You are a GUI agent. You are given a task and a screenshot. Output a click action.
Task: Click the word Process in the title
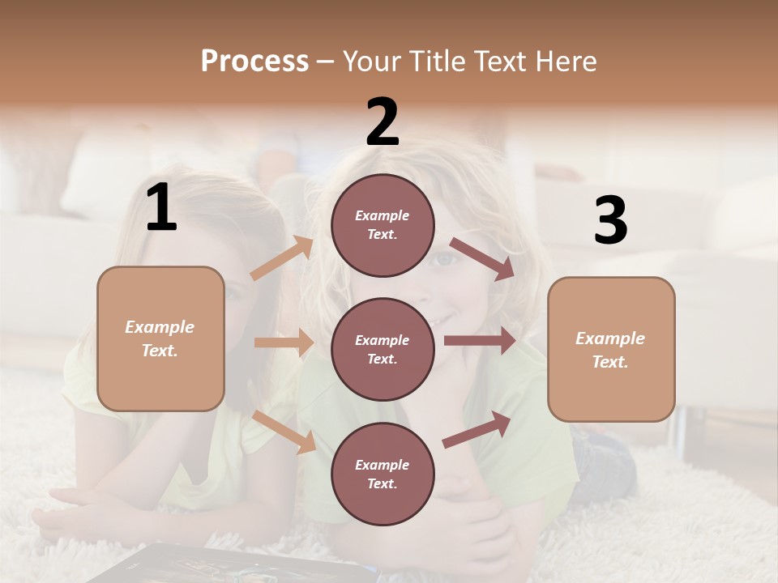tap(254, 62)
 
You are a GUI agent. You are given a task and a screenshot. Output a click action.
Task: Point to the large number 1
tap(161, 209)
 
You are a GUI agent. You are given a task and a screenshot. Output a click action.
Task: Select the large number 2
tap(383, 122)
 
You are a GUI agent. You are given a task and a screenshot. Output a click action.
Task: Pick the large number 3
tap(610, 221)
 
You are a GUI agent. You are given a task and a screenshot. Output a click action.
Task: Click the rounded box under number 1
tap(160, 338)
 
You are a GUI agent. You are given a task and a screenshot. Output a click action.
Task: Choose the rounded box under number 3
tap(611, 349)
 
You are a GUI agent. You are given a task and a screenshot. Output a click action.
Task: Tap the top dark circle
tap(383, 225)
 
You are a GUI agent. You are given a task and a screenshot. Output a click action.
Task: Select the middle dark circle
tap(383, 349)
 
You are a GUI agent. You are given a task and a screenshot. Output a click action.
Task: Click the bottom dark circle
tap(383, 474)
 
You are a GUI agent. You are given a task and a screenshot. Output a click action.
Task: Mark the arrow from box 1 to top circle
tap(282, 258)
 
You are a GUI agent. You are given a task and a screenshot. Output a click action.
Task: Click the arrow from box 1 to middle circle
tap(284, 343)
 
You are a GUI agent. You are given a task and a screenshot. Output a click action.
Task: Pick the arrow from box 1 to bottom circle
tap(284, 431)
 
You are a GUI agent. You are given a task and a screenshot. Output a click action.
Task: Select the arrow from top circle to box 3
tap(481, 258)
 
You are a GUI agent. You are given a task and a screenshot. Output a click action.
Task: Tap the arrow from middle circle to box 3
tap(479, 340)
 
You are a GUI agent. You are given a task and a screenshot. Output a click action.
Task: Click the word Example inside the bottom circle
tap(383, 465)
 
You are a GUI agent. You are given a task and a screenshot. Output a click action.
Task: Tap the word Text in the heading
tap(497, 62)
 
